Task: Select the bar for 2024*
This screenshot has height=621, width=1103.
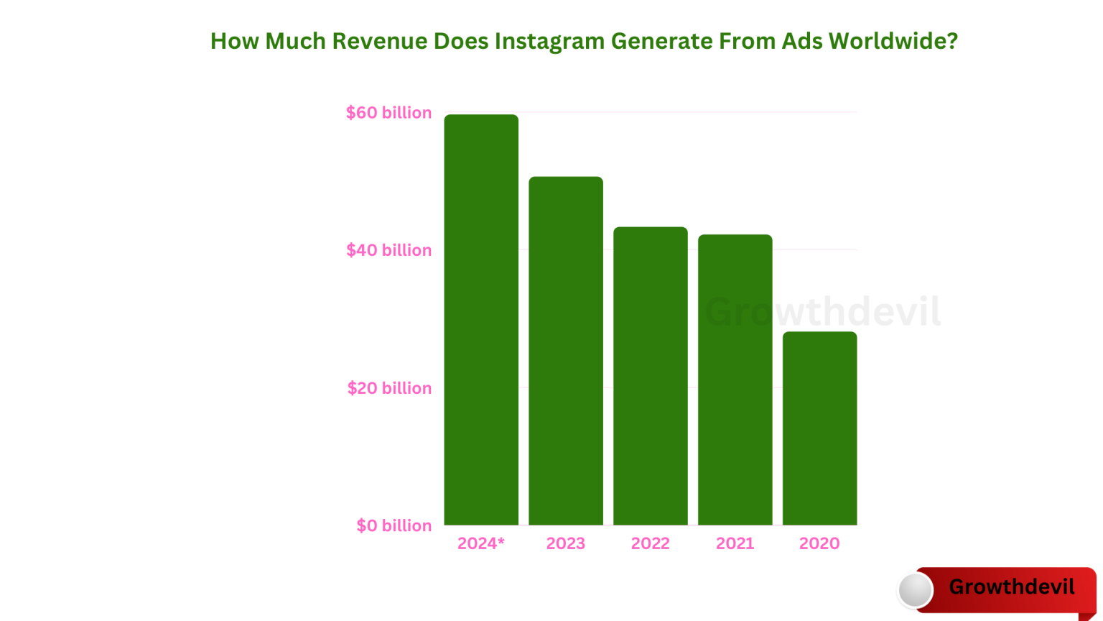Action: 481,320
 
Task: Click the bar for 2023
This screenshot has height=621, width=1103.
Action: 566,351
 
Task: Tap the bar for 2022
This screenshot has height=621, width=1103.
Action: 651,376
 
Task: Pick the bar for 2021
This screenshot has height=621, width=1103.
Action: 735,379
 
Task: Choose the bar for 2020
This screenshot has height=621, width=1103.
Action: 819,428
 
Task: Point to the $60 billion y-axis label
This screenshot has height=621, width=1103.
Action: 388,113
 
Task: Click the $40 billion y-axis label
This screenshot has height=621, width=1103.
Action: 388,250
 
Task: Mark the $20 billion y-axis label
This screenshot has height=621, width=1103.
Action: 389,388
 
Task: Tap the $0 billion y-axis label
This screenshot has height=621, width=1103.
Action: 394,525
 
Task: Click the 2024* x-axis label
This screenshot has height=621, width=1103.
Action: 481,543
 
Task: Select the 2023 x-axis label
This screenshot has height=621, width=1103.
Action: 566,543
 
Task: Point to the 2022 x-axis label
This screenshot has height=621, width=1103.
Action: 651,543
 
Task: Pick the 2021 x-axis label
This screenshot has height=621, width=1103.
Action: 735,543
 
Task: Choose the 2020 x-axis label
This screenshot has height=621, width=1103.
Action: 819,543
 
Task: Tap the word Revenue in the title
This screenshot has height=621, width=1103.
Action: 379,42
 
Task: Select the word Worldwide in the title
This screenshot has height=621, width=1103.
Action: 893,42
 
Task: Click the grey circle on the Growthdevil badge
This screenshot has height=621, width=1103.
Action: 916,590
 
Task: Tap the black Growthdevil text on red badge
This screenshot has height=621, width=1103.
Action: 1011,586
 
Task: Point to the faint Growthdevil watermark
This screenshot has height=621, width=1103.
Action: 823,312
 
